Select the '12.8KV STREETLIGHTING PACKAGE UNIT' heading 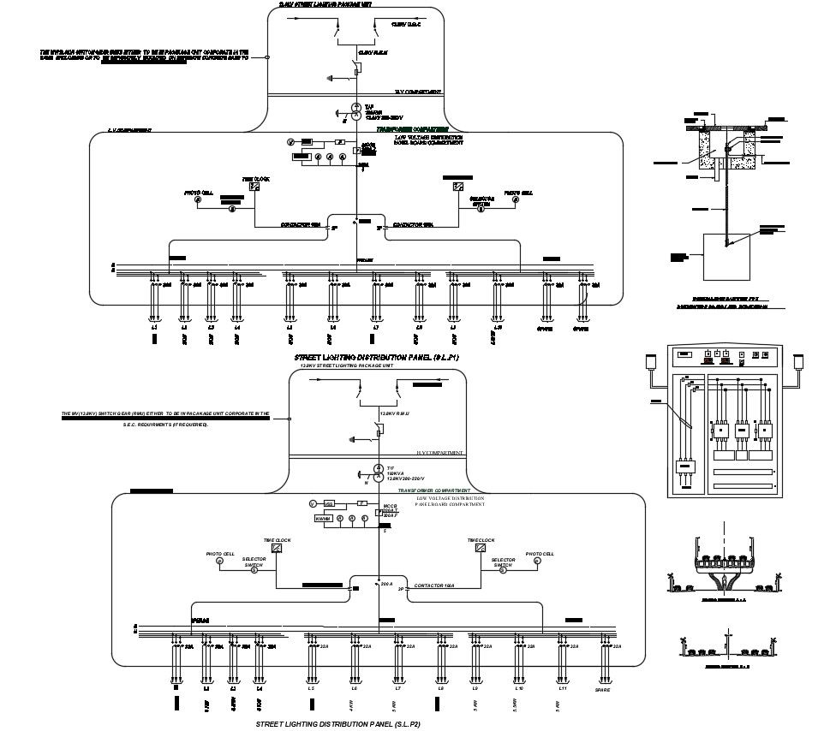pyautogui.click(x=346, y=365)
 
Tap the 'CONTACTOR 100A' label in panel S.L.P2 pyautogui.click(x=434, y=585)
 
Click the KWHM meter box pyautogui.click(x=323, y=519)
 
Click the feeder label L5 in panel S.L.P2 pyautogui.click(x=312, y=688)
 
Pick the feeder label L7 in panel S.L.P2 pyautogui.click(x=397, y=688)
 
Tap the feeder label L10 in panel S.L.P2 pyautogui.click(x=518, y=688)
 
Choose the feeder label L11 pyautogui.click(x=563, y=688)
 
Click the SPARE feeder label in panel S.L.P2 pyautogui.click(x=603, y=688)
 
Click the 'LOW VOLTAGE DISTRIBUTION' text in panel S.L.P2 pyautogui.click(x=450, y=497)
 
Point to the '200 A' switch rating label pyautogui.click(x=386, y=584)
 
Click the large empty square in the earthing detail pyautogui.click(x=726, y=257)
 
